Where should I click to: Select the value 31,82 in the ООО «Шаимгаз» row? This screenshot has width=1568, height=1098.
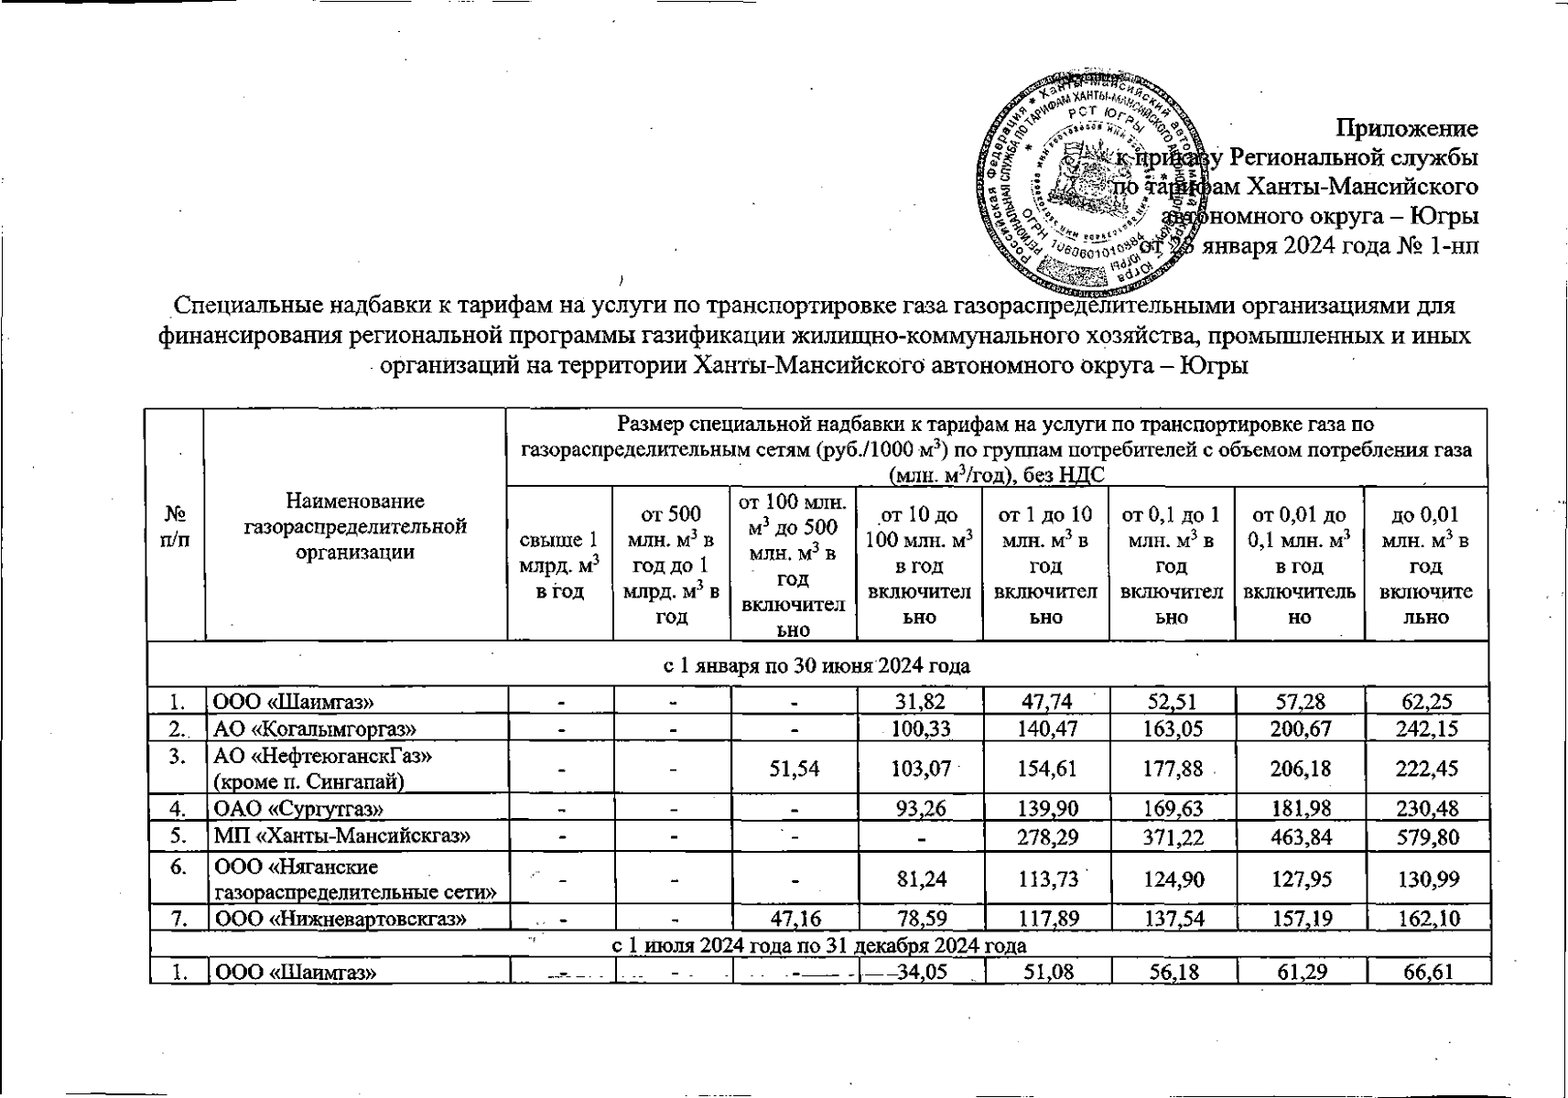(x=919, y=702)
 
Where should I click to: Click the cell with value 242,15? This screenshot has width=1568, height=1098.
(x=1425, y=728)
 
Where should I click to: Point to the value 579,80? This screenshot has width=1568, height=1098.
(x=1425, y=836)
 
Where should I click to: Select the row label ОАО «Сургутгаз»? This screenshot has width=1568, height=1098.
(x=298, y=809)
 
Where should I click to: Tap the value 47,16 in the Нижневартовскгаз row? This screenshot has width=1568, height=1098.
(x=793, y=918)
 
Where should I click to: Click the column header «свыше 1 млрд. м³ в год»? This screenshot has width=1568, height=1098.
(x=559, y=565)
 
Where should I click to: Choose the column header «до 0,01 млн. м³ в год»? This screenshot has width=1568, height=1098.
(x=1425, y=565)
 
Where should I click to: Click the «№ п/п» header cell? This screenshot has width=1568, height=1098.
(x=175, y=526)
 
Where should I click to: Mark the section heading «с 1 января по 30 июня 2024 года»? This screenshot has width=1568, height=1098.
(x=816, y=666)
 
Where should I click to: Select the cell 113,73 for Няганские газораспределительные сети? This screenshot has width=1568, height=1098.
(x=1045, y=878)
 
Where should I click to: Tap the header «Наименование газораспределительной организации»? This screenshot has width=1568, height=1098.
(x=355, y=526)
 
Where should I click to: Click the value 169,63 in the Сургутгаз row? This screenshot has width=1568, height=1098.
(x=1172, y=809)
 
